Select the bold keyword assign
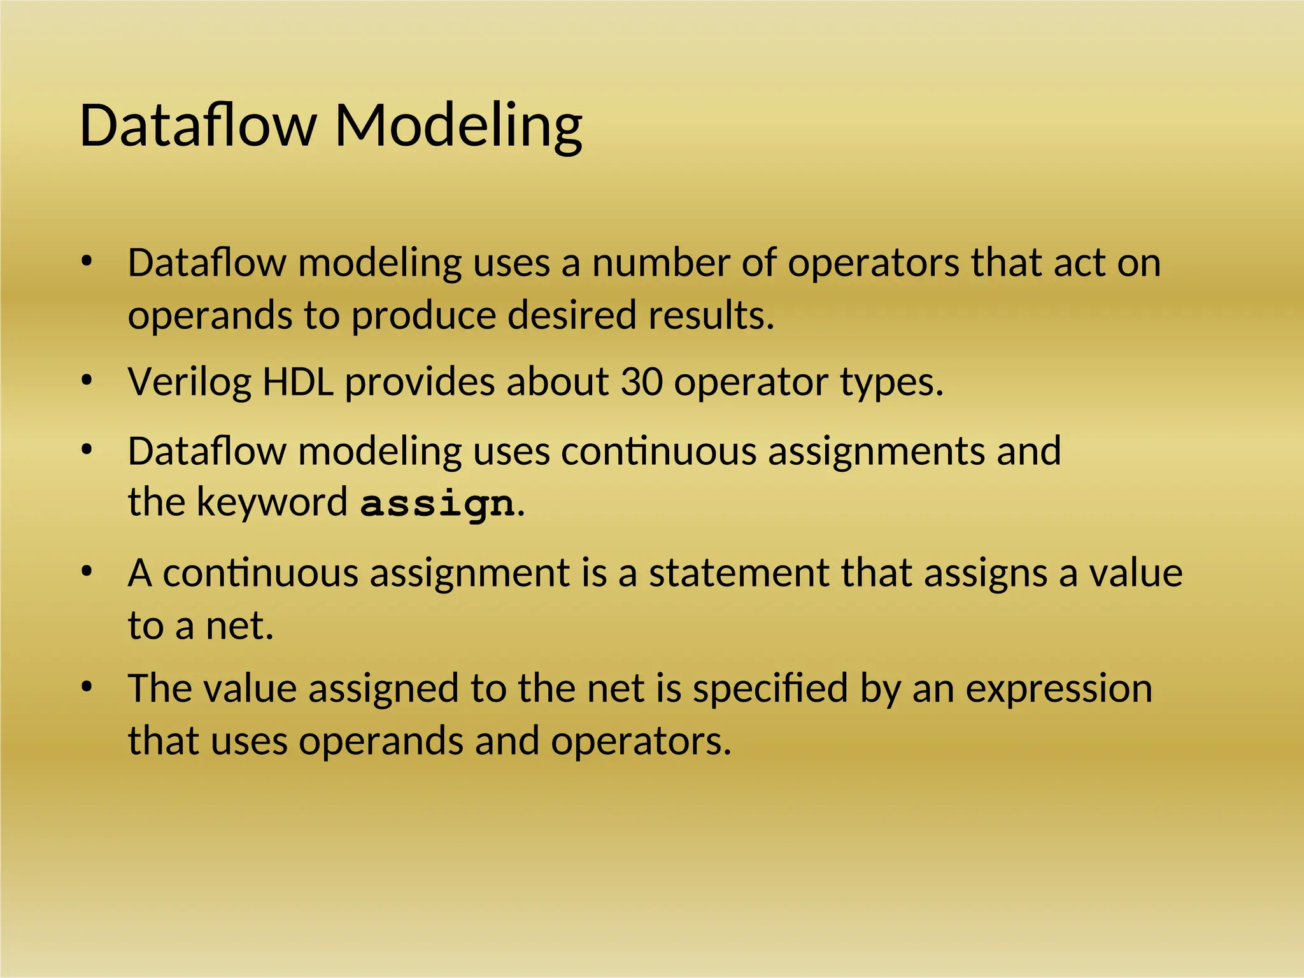437,504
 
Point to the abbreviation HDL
298,383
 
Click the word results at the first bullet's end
710,315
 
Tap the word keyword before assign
272,502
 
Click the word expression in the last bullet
1058,689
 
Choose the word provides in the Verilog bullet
420,383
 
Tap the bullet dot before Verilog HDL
87,381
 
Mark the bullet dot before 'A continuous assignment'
87,571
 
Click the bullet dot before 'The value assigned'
87,687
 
